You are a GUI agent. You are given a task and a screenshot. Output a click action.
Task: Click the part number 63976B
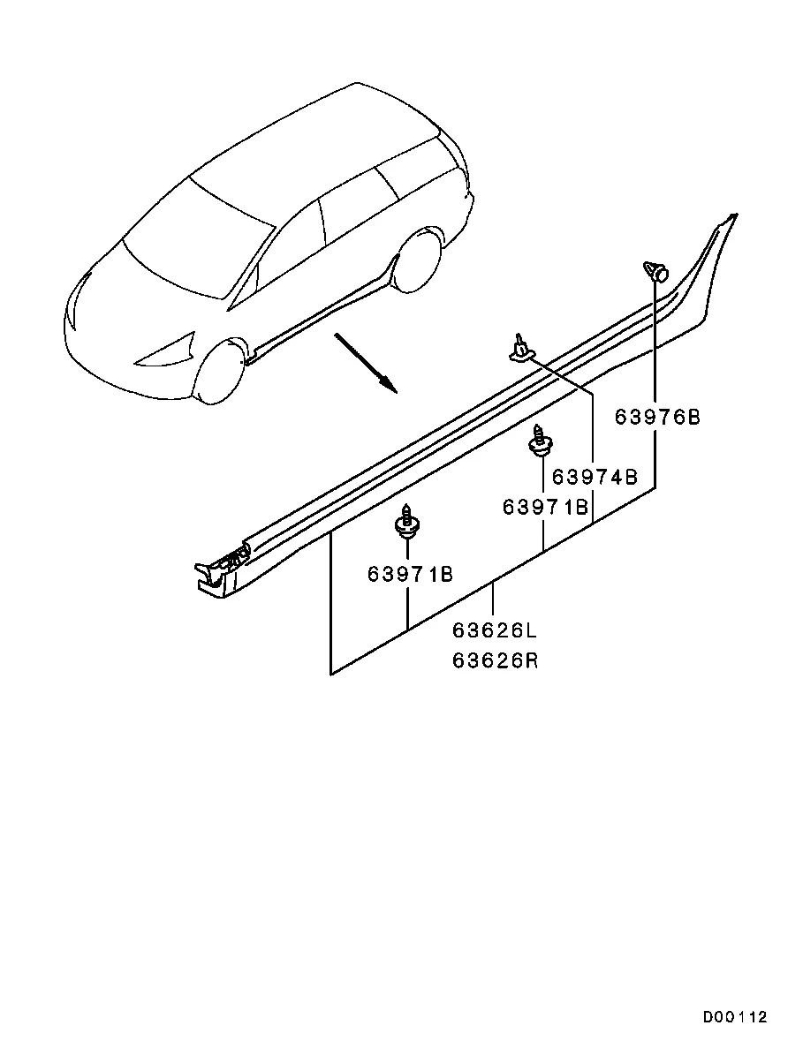coord(657,417)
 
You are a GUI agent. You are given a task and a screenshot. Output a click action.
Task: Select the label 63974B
coord(595,477)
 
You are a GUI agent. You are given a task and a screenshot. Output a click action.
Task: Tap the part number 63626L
coord(495,630)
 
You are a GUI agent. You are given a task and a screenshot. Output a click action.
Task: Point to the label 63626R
coord(495,660)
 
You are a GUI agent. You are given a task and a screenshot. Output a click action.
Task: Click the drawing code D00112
coord(734,1017)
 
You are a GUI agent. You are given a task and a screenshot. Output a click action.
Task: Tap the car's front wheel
coord(217,372)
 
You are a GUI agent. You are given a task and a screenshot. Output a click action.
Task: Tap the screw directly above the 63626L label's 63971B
coord(405,520)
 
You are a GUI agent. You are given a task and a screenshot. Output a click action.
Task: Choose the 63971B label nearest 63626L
coord(410,574)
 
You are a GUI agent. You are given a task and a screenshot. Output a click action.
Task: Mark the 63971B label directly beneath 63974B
coord(546,508)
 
